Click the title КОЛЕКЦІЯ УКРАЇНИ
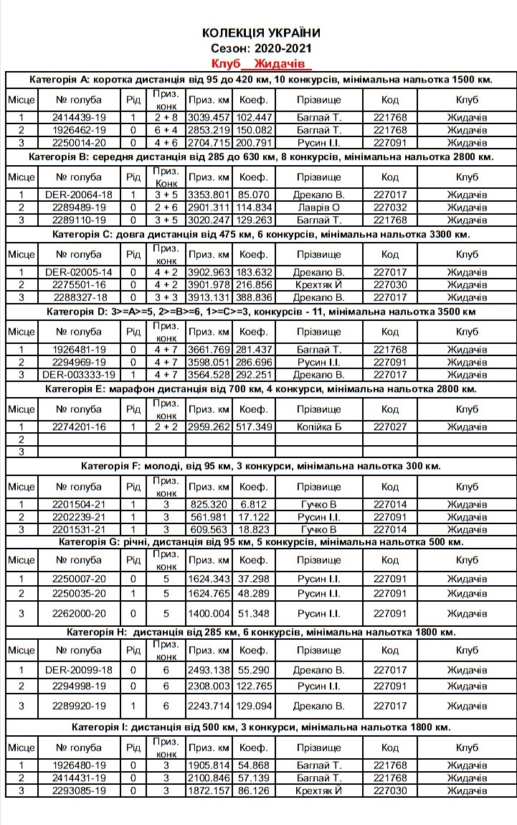click(x=261, y=33)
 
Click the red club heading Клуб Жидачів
click(x=262, y=64)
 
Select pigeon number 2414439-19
click(x=79, y=117)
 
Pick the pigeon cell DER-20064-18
click(x=79, y=195)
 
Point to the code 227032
click(x=390, y=208)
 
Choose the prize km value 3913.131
click(x=208, y=297)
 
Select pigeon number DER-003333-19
click(x=79, y=375)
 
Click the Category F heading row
click(x=261, y=466)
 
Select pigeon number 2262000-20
click(x=79, y=614)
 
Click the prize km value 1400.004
click(x=208, y=614)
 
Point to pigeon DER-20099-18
click(x=79, y=669)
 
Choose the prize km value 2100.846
click(x=208, y=778)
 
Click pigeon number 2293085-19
click(x=79, y=791)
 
